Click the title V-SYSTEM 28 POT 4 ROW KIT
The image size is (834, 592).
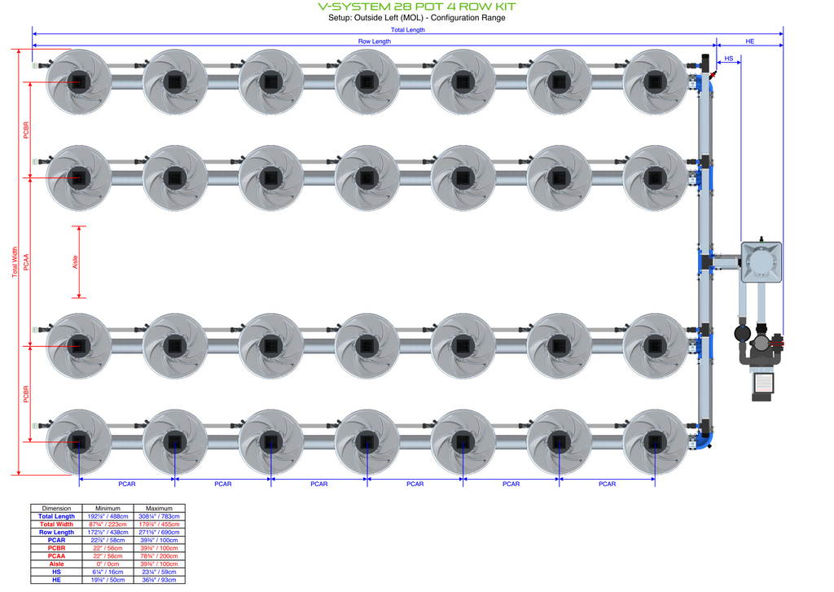(417, 7)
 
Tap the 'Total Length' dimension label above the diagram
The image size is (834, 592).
(408, 30)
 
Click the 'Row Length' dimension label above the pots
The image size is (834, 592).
(375, 41)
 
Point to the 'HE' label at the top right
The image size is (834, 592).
(750, 41)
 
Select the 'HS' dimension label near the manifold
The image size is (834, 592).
(729, 59)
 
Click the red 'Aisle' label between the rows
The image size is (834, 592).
(75, 261)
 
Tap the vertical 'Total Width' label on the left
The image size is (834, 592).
(15, 261)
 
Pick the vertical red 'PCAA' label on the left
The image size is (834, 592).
(26, 261)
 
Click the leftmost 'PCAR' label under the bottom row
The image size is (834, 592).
(127, 484)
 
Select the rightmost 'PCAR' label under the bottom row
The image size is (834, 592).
(608, 484)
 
